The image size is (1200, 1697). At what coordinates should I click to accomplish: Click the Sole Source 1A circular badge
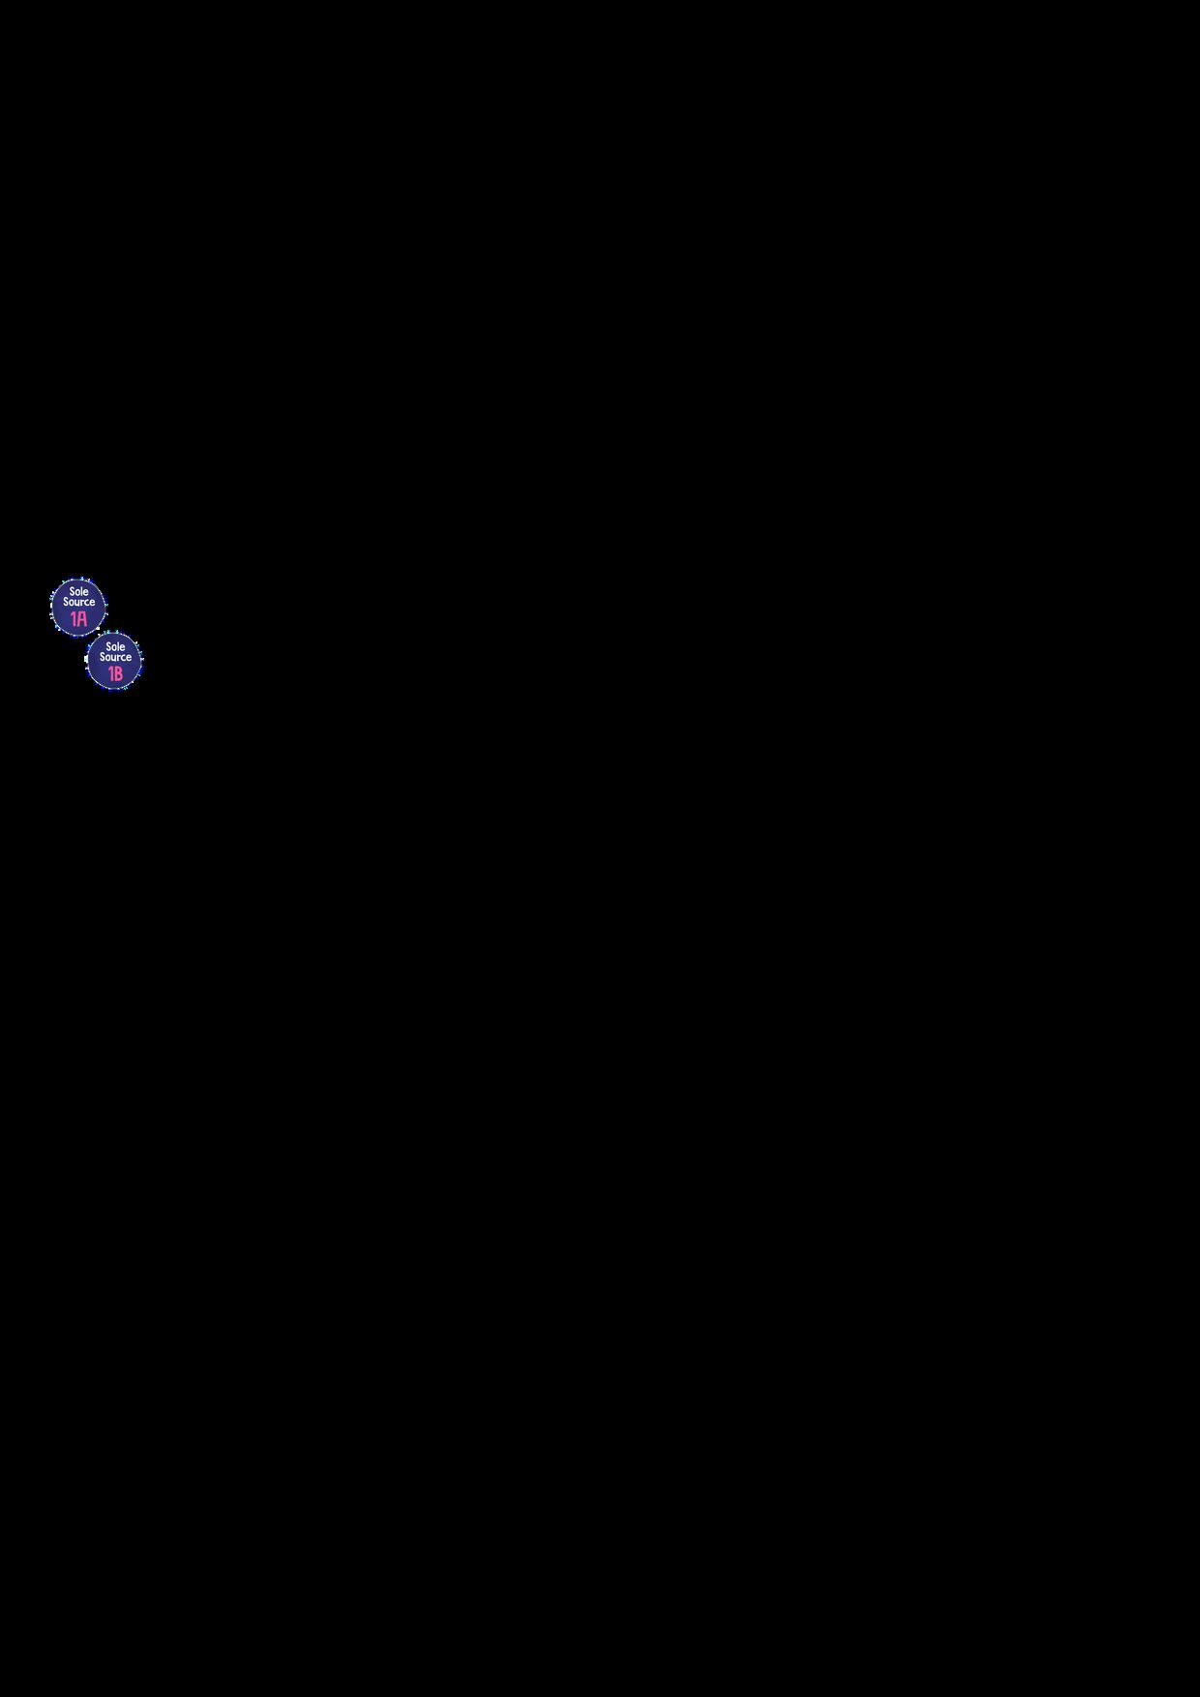(x=78, y=607)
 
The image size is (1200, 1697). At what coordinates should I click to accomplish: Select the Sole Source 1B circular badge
(x=114, y=662)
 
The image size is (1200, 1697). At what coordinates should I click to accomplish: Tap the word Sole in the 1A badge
(x=79, y=591)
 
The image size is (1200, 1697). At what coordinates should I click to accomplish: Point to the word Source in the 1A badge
(x=79, y=602)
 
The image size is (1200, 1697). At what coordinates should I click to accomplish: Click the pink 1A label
(x=78, y=618)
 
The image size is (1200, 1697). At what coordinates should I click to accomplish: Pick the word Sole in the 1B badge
(x=115, y=646)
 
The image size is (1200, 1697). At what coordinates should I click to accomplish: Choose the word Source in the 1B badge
(x=115, y=657)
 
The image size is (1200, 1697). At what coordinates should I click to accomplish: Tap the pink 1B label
(x=115, y=673)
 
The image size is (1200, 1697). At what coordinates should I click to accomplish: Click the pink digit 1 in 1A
(x=74, y=618)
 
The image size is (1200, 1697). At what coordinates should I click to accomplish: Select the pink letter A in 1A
(x=82, y=618)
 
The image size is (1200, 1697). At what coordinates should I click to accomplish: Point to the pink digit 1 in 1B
(x=110, y=673)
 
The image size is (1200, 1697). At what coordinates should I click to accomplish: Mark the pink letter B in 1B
(x=119, y=673)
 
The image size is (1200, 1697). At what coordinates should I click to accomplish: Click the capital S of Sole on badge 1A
(x=72, y=591)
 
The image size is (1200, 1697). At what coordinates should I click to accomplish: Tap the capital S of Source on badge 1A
(x=66, y=602)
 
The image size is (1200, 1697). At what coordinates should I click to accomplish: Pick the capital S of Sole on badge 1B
(x=107, y=646)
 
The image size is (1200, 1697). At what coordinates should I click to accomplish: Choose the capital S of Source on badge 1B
(x=102, y=657)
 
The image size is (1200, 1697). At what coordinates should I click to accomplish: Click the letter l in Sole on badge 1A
(x=82, y=591)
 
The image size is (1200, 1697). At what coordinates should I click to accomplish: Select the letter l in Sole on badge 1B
(x=118, y=646)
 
